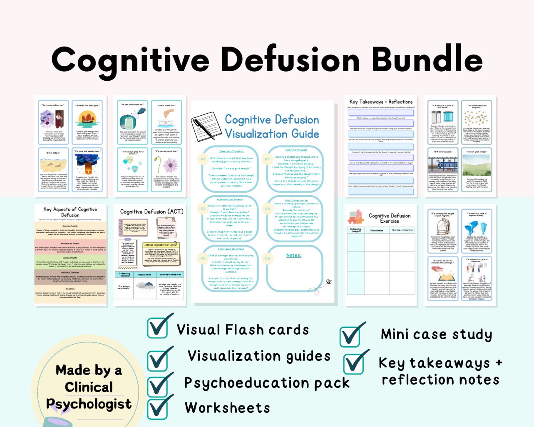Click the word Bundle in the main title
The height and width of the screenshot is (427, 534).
(x=427, y=60)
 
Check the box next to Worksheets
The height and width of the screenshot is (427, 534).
(x=157, y=408)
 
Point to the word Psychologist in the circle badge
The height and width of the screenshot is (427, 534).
(x=89, y=404)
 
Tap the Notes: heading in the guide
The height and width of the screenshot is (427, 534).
(x=294, y=255)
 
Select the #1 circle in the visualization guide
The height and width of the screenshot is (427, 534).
(x=203, y=159)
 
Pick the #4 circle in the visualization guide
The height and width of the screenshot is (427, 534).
(x=267, y=209)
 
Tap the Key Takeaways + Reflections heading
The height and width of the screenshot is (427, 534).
(x=381, y=102)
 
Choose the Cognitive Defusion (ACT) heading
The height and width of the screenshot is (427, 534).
(x=152, y=212)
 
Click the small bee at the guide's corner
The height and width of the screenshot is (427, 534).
(x=329, y=282)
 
